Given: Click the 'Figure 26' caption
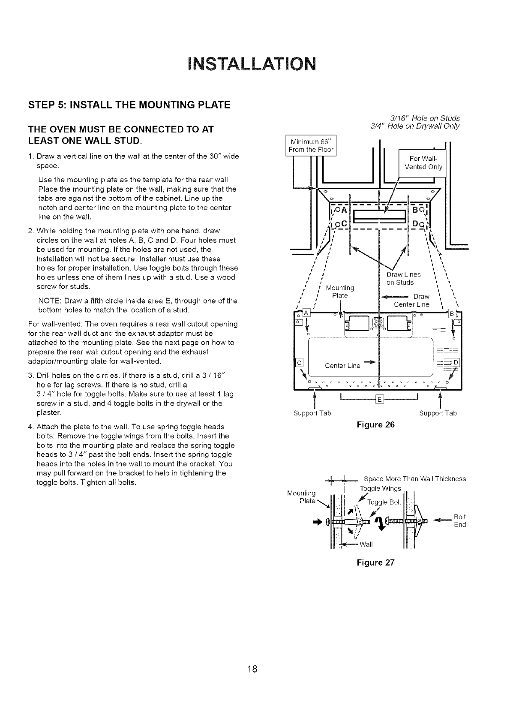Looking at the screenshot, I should (x=375, y=425).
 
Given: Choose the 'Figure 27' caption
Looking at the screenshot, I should (x=375, y=562).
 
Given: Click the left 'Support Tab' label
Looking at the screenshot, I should (x=312, y=413).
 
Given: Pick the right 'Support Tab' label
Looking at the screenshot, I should (x=438, y=413).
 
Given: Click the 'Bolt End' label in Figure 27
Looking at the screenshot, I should (x=459, y=520).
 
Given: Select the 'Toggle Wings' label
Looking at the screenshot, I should (x=380, y=488).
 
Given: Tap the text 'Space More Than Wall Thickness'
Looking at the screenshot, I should (x=414, y=479).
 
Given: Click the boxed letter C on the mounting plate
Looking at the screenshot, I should (x=299, y=362).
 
